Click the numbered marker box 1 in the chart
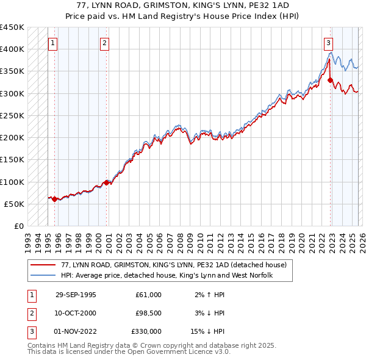pyautogui.click(x=53, y=43)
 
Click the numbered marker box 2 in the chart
pyautogui.click(x=105, y=43)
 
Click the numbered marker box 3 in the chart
pyautogui.click(x=329, y=43)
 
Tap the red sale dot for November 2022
pyautogui.click(x=330, y=80)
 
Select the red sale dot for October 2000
pyautogui.click(x=107, y=182)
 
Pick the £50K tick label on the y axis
pyautogui.click(x=14, y=204)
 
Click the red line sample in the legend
pyautogui.click(x=42, y=265)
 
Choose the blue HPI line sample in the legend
pyautogui.click(x=42, y=276)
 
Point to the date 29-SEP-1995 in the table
pyautogui.click(x=76, y=295)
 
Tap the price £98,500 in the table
pyautogui.click(x=148, y=313)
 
